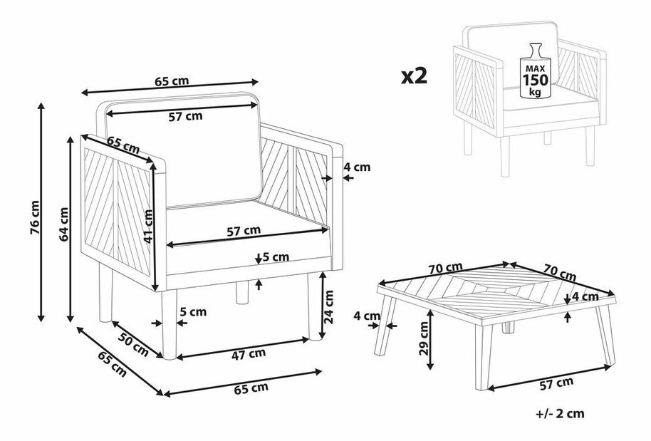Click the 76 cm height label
36,217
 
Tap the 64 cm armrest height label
63,224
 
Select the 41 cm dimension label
148,226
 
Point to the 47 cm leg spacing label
249,354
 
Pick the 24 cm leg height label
328,307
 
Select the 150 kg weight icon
535,71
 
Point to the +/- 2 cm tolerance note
560,413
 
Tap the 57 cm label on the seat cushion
244,231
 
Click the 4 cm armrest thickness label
357,167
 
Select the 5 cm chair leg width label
193,311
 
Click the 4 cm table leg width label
367,316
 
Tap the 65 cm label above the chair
172,81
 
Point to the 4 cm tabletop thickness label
585,296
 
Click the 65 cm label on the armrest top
123,143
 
